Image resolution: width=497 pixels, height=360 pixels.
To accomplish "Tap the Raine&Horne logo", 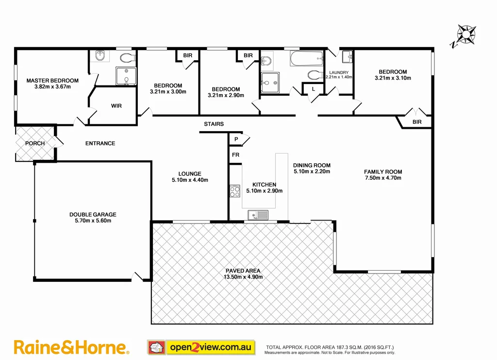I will pyautogui.click(x=71, y=347).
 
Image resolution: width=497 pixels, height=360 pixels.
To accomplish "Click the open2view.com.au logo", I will pyautogui.click(x=200, y=347).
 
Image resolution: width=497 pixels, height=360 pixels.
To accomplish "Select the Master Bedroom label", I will pyautogui.click(x=52, y=81).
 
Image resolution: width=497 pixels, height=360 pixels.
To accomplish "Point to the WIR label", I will pyautogui.click(x=116, y=105).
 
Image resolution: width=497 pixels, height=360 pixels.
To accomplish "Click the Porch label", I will pyautogui.click(x=35, y=143).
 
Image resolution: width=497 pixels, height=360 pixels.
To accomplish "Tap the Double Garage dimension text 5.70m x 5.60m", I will pyautogui.click(x=93, y=221).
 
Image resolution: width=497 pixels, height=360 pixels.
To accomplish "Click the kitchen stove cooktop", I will pyautogui.click(x=235, y=191).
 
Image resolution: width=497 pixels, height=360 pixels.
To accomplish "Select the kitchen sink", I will pyautogui.click(x=258, y=214).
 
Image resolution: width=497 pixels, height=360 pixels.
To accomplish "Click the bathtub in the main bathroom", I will pyautogui.click(x=307, y=60).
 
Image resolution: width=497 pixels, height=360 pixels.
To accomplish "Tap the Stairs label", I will pyautogui.click(x=214, y=124).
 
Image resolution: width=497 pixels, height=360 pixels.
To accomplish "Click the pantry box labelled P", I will pyautogui.click(x=236, y=139).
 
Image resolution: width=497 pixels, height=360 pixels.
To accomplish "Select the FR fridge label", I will pyautogui.click(x=235, y=155).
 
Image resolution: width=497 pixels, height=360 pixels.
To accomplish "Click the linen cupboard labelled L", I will pyautogui.click(x=313, y=89).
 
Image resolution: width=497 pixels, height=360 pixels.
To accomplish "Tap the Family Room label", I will pyautogui.click(x=383, y=171).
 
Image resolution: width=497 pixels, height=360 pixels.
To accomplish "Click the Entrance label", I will pyautogui.click(x=100, y=143).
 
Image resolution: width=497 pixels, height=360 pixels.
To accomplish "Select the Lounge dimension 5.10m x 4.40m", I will pyautogui.click(x=190, y=180).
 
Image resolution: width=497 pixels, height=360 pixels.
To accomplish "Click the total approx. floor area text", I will pyautogui.click(x=330, y=347).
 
